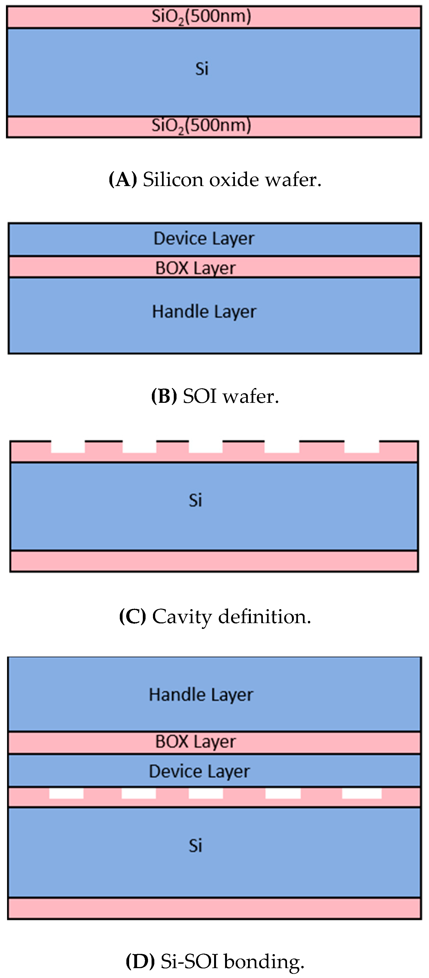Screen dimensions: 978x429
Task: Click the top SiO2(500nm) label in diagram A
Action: tap(201, 17)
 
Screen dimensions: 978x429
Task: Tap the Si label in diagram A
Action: tap(201, 69)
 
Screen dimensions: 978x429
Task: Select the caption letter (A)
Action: tap(123, 179)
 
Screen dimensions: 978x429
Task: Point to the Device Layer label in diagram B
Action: tap(204, 239)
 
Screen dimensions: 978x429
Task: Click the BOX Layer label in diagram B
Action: tap(195, 268)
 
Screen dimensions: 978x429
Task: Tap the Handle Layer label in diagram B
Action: tap(204, 312)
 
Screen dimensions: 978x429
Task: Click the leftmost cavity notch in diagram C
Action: tap(68, 447)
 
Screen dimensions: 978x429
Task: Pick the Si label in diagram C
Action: tap(195, 500)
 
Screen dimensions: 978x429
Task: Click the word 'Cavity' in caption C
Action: tap(182, 617)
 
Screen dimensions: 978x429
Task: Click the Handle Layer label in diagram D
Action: tap(201, 695)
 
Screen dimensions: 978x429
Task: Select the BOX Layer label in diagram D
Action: tap(195, 742)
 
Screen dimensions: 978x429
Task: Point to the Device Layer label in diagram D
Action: tap(199, 771)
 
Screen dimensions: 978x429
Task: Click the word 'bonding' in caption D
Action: tap(264, 962)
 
